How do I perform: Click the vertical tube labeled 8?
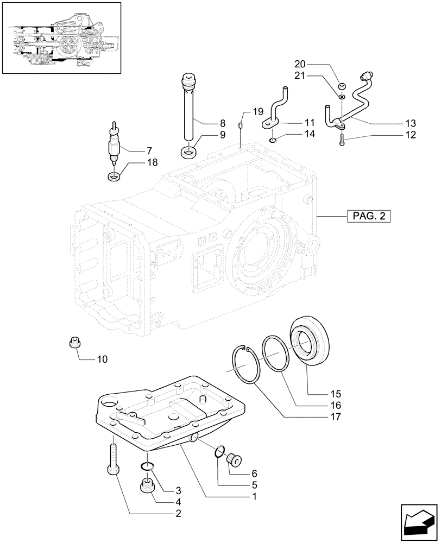tap(188, 111)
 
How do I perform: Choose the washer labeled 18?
tap(115, 176)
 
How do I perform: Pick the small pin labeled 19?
tap(240, 127)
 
